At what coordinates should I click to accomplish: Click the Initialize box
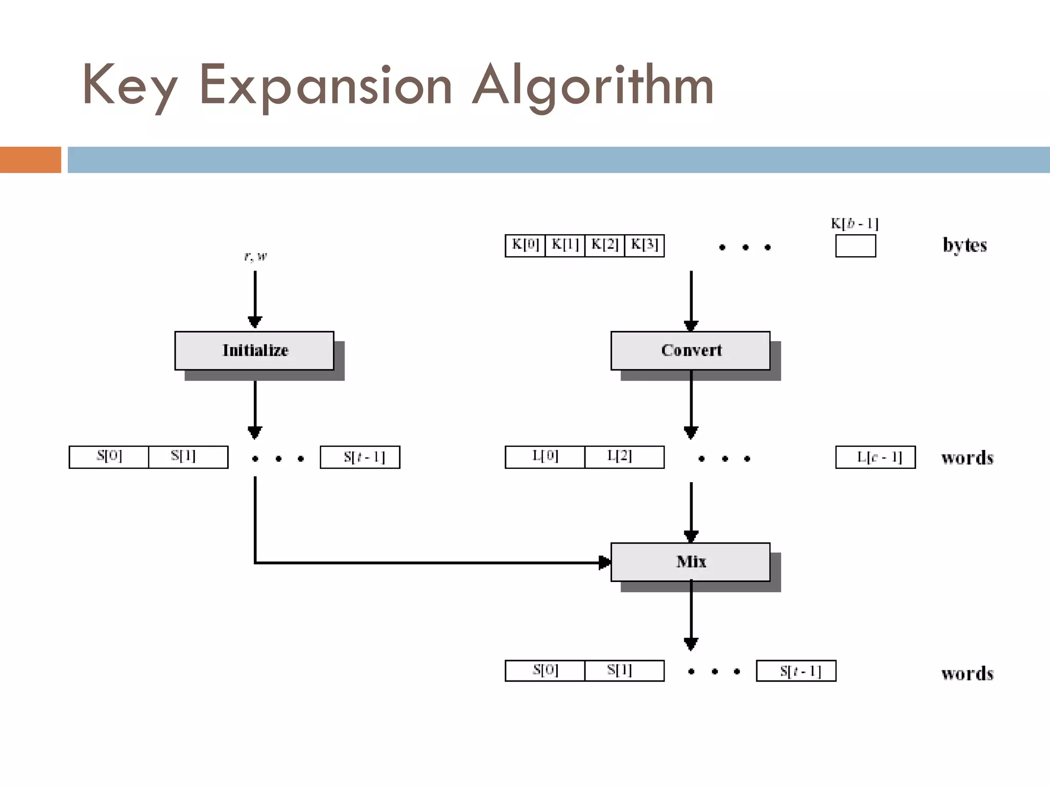point(254,350)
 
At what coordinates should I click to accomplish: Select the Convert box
point(690,350)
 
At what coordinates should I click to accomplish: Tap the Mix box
point(690,562)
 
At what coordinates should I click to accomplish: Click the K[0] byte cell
point(525,245)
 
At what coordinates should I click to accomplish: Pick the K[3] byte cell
point(644,245)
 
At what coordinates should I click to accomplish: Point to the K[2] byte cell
point(604,245)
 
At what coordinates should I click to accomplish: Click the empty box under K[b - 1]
point(855,246)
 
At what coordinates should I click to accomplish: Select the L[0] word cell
point(545,457)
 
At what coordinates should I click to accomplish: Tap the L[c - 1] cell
point(875,458)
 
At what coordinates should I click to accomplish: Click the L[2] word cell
point(624,457)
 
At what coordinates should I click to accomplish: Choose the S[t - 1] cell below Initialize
point(360,458)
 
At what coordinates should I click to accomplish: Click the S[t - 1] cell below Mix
point(796,671)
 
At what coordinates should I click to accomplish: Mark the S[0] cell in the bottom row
point(545,671)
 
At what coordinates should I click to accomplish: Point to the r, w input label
point(255,256)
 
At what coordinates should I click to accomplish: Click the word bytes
point(964,245)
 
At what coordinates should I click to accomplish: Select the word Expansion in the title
point(326,85)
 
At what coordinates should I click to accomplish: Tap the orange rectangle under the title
point(30,160)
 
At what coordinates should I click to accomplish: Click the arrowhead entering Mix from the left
point(605,563)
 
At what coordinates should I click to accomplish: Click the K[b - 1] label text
point(855,224)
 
